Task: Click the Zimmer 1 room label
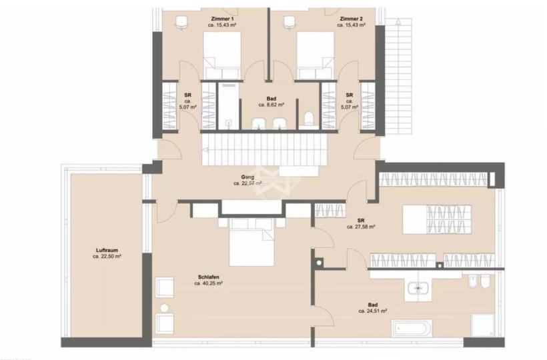point(222,19)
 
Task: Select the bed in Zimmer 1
point(222,56)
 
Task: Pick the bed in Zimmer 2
point(316,56)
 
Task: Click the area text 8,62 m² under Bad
point(271,105)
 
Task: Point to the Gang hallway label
point(247,177)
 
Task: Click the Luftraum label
point(107,250)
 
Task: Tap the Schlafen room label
point(209,277)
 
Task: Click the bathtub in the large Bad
point(412,328)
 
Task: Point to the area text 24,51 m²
point(373,311)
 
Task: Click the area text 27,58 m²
point(361,227)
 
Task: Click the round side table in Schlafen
point(164,308)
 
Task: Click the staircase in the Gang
point(264,150)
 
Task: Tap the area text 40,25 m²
point(209,283)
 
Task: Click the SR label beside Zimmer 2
point(349,95)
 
